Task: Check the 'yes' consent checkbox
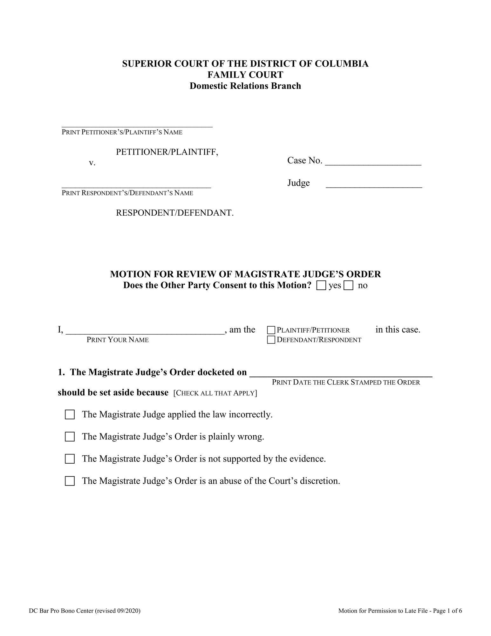pos(321,285)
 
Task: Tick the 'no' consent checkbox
pos(348,285)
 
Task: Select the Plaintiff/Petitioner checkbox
pos(271,330)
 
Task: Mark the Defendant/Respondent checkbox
pos(271,340)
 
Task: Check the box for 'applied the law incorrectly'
pos(70,415)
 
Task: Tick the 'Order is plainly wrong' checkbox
pos(70,437)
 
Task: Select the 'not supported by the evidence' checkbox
pos(70,459)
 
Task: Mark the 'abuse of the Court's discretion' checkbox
pos(70,481)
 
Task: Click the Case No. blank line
pos(373,162)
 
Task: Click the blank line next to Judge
pos(374,184)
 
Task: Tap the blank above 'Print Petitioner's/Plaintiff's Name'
pos(137,124)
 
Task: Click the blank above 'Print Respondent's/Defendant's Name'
pos(136,185)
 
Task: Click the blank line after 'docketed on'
pos(341,373)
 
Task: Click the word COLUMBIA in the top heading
pos(342,64)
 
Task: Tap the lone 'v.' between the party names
pos(92,163)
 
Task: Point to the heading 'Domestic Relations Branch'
pos(245,86)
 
